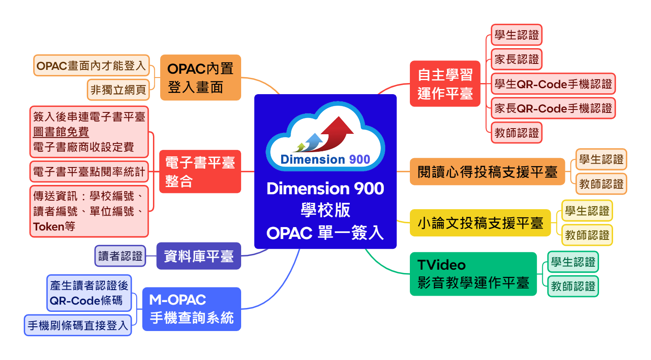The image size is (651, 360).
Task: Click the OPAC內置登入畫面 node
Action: pos(200,78)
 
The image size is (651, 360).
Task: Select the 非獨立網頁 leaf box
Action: pos(118,90)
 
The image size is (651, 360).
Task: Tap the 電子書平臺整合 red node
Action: pos(200,172)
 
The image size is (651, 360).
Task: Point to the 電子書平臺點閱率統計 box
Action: pos(89,172)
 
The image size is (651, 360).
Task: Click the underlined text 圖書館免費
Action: pos(61,132)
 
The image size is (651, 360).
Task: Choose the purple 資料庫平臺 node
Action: pos(199,256)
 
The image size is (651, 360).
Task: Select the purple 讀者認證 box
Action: pos(120,256)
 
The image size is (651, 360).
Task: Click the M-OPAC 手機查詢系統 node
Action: pos(191,309)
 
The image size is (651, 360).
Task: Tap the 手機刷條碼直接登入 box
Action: pos(78,325)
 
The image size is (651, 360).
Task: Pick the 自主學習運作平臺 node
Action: pos(445,84)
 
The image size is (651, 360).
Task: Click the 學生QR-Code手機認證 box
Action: pos(553,84)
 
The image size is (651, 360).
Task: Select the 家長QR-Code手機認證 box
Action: pos(553,108)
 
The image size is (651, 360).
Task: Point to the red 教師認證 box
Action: pos(516,133)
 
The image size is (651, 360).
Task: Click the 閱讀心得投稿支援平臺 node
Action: pos(487,172)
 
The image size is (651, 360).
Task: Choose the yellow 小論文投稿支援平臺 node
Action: pos(480,223)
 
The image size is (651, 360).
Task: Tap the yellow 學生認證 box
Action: pos(587,211)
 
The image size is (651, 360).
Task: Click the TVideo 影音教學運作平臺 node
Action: pos(473,274)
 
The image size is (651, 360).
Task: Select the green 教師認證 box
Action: pos(573,286)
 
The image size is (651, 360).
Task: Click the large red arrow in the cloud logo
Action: pos(337,132)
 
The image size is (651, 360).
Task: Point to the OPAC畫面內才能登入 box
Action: pos(91,66)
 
